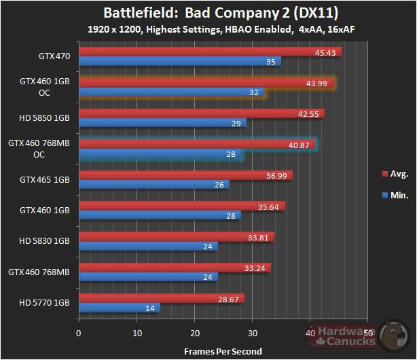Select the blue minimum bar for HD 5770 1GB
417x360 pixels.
pyautogui.click(x=119, y=308)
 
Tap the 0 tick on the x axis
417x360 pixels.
pyautogui.click(x=79, y=334)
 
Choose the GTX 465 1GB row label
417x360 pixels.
pyautogui.click(x=45, y=180)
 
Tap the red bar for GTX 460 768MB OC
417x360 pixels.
pyautogui.click(x=197, y=144)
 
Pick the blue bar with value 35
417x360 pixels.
pyautogui.click(x=180, y=62)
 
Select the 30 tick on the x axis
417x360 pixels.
pyautogui.click(x=252, y=334)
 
